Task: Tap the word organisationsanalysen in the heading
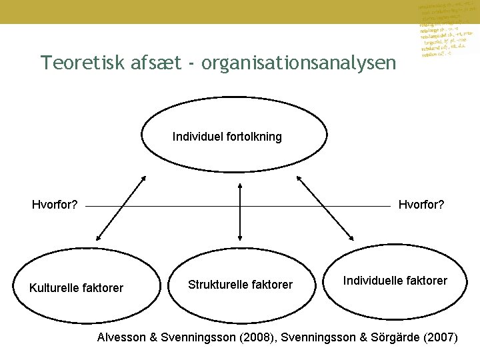[x=297, y=63]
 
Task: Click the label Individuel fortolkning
[x=227, y=137]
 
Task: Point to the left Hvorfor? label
[x=55, y=205]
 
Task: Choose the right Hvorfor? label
[x=421, y=205]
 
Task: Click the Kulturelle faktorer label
[x=77, y=288]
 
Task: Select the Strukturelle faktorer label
[x=240, y=285]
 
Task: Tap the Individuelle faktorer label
[x=395, y=281]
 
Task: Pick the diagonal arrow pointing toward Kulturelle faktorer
[x=121, y=207]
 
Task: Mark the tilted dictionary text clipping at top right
[x=445, y=30]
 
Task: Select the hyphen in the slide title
[x=191, y=63]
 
